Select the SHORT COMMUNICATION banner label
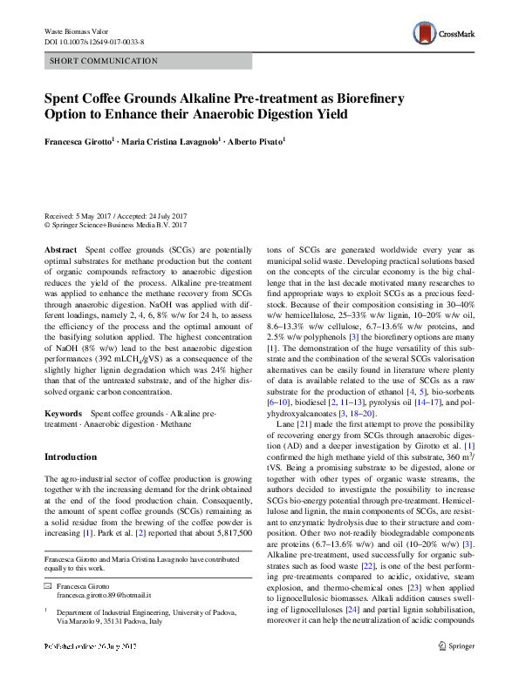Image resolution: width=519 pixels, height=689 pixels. pos(104,61)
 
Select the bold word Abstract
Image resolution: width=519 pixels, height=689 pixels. pos(59,249)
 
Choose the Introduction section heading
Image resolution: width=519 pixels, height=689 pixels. pos(71,456)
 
